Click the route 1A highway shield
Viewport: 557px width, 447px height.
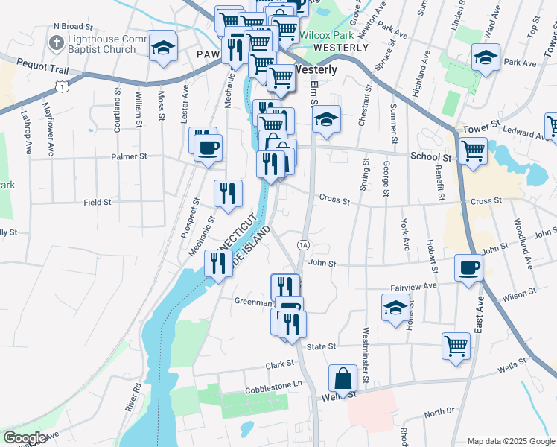tap(302, 244)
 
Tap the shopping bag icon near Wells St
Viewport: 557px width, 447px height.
tap(343, 378)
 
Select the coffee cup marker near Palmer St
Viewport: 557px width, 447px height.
tap(208, 146)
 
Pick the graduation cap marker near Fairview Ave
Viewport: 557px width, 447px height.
tap(395, 307)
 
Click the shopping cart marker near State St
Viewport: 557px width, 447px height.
tap(456, 345)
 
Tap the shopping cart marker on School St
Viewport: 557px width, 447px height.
tap(474, 150)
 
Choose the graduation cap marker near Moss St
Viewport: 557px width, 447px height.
tap(162, 47)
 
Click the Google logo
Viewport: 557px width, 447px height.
tap(25, 438)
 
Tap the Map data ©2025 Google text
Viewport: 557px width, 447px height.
tap(510, 441)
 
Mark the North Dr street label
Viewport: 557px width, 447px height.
tap(439, 411)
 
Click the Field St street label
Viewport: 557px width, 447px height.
tap(98, 202)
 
